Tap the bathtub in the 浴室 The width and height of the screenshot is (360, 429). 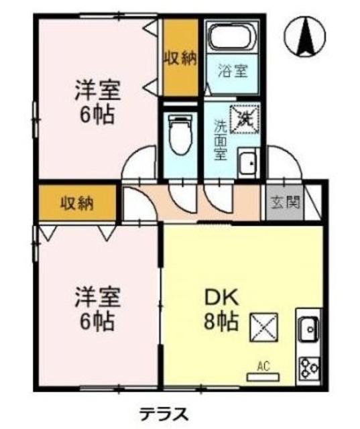231,36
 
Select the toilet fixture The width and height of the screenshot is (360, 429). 179,134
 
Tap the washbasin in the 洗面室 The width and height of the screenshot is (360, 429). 247,163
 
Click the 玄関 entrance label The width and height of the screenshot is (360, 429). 284,200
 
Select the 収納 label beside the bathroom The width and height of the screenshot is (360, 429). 180,58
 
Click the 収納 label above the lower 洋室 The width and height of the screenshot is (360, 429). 75,202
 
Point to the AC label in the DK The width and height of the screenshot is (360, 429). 263,367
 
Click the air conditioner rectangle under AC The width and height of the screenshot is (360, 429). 263,377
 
